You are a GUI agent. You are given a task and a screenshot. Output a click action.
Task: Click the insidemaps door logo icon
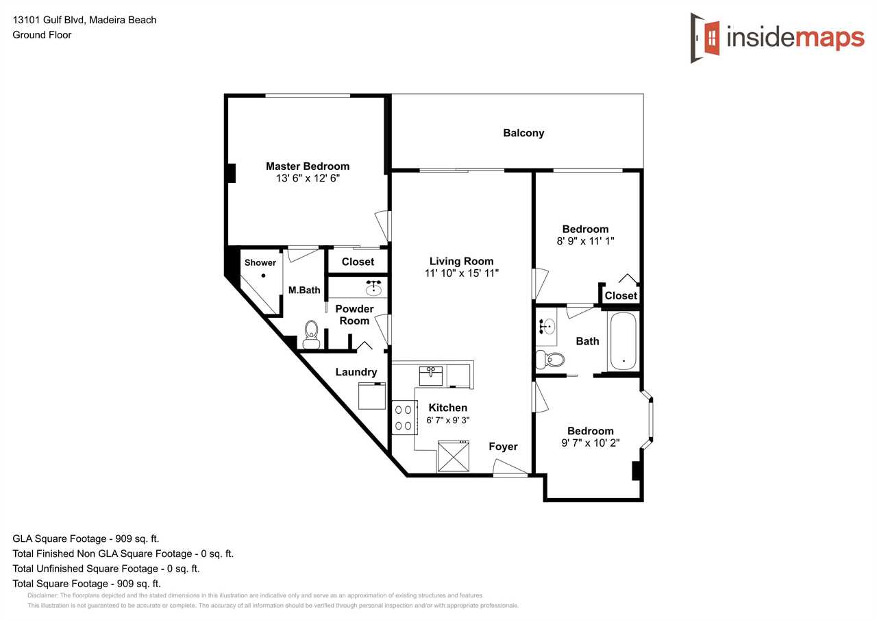(705, 38)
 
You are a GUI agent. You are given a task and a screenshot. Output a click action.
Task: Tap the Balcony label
(523, 133)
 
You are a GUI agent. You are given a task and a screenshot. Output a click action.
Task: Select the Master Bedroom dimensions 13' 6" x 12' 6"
(308, 179)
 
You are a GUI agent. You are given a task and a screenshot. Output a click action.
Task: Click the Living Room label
(461, 261)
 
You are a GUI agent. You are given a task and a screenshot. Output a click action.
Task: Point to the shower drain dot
(264, 275)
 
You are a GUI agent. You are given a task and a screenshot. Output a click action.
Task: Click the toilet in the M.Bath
(311, 334)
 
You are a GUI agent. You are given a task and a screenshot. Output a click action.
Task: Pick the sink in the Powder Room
(373, 288)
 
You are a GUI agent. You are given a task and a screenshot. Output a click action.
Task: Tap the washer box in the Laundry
(372, 396)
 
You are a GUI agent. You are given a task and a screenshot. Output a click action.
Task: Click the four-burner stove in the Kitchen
(404, 418)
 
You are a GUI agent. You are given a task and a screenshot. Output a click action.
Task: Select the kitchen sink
(431, 375)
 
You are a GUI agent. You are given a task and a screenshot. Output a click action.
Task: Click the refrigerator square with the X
(454, 456)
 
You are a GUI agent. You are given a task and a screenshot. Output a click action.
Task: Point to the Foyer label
(503, 447)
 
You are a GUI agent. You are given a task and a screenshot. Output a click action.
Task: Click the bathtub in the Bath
(623, 341)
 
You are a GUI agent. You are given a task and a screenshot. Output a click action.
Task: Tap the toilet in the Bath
(549, 359)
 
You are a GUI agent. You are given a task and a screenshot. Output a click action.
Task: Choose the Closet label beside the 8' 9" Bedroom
(621, 295)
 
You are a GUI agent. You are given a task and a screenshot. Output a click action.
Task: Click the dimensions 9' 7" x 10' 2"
(591, 443)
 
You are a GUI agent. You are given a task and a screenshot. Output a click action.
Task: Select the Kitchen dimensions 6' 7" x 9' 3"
(448, 420)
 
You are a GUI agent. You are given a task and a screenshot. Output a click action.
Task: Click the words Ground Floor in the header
(42, 35)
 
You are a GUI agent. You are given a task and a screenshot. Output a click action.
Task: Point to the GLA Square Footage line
(86, 538)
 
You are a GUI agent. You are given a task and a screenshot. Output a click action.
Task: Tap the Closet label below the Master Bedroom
(358, 262)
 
